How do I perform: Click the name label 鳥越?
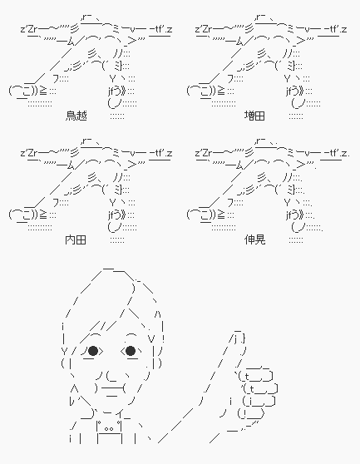[76, 116]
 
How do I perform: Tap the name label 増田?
[254, 116]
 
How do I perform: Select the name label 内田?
[76, 239]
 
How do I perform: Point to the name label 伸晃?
[254, 239]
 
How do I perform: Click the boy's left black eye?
[93, 351]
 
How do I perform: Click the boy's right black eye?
[131, 351]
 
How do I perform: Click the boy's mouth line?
[112, 388]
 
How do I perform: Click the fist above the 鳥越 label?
[23, 91]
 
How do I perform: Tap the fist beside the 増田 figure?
[201, 91]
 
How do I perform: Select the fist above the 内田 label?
[23, 215]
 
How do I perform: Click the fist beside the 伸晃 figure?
[201, 215]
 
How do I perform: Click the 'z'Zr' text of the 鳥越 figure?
[29, 29]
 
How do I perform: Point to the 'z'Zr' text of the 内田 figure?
[29, 153]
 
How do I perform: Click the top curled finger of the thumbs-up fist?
[255, 376]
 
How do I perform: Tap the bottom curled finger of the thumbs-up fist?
[250, 413]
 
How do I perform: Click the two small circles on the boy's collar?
[109, 429]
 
